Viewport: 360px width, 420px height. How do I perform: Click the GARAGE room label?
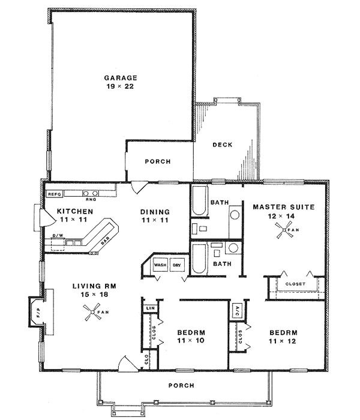121,78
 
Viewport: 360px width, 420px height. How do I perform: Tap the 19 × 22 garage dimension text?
121,88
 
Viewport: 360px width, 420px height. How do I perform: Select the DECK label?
222,145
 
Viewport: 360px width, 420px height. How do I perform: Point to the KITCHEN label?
74,212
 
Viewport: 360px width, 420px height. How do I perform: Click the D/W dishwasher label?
58,235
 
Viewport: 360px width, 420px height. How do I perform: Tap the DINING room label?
155,212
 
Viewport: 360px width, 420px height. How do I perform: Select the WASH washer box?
160,265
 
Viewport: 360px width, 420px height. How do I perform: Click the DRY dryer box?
177,265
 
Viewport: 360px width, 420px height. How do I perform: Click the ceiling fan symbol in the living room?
91,311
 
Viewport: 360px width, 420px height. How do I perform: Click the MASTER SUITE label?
283,207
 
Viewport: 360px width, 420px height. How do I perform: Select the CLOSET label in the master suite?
295,283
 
